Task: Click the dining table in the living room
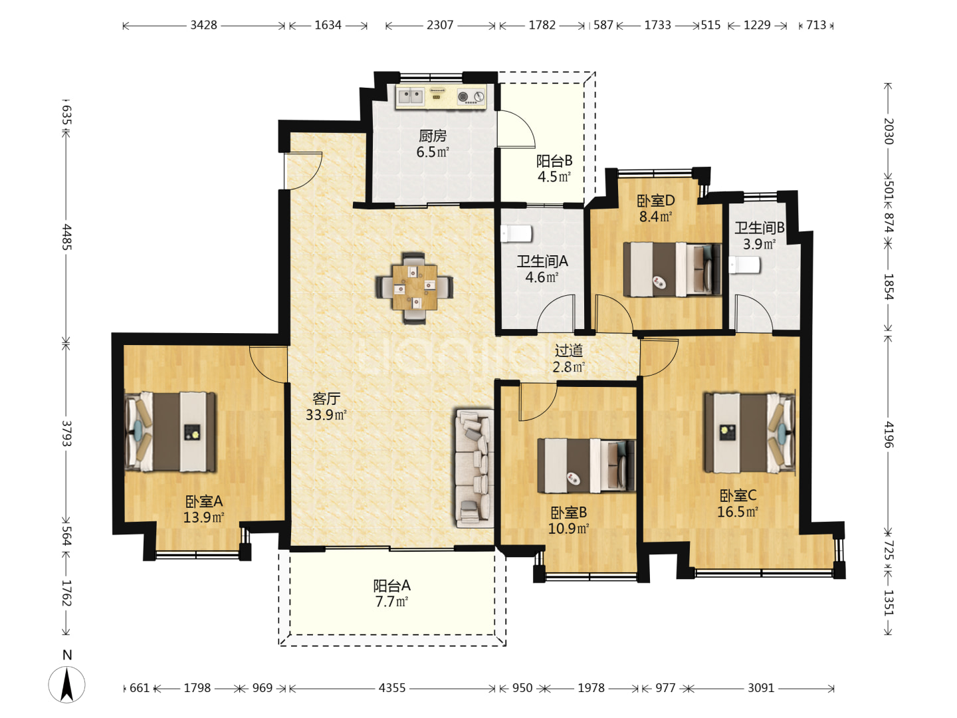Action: coord(414,288)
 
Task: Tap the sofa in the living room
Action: coord(474,468)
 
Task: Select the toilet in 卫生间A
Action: coord(516,233)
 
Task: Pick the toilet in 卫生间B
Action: coord(744,265)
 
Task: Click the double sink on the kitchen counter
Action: coord(411,96)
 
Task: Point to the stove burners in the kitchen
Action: coord(471,97)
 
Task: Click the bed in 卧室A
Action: coord(171,432)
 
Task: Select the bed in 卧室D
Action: coord(673,269)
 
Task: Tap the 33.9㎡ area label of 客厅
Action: coord(326,415)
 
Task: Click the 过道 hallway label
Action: coord(568,350)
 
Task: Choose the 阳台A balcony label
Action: coord(391,586)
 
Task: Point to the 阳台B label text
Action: coord(554,162)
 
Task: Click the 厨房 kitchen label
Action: coord(433,136)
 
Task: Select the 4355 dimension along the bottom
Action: coord(392,688)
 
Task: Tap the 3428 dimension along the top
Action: coord(203,25)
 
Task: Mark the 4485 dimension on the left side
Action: coord(66,237)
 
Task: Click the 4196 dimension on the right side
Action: coord(889,435)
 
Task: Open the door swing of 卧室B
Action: coord(538,402)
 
